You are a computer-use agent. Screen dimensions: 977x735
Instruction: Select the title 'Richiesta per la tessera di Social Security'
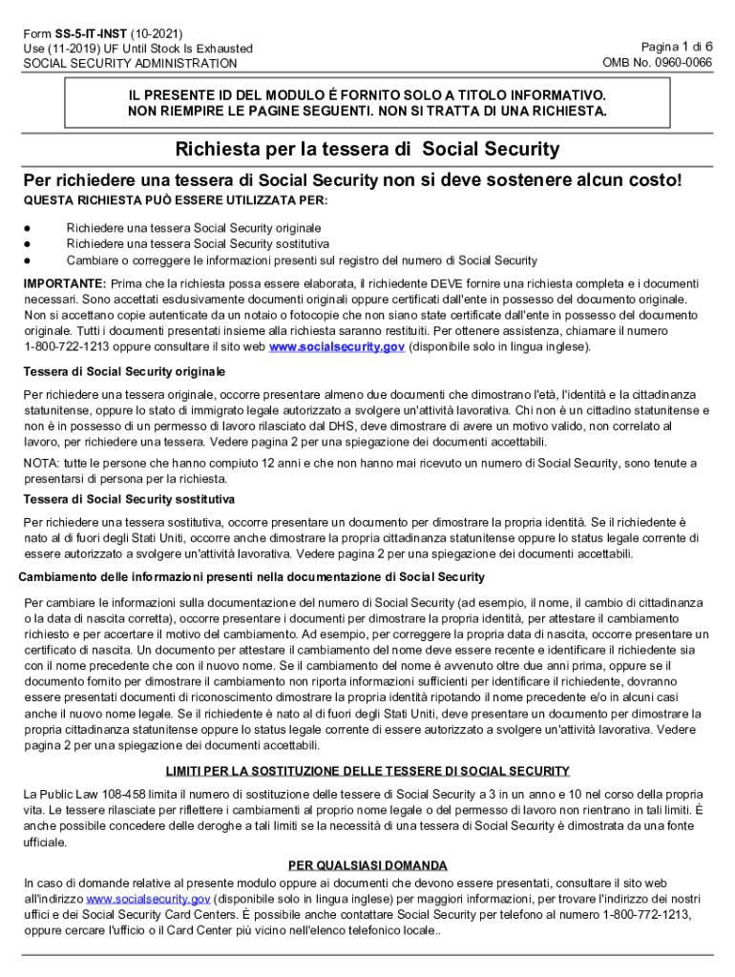pyautogui.click(x=367, y=150)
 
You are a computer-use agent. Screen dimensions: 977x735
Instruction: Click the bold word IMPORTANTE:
pyautogui.click(x=65, y=284)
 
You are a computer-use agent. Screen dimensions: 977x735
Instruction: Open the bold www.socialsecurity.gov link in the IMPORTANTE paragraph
pyautogui.click(x=337, y=346)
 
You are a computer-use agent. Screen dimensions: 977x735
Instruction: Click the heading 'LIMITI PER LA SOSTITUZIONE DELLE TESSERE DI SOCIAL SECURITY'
pyautogui.click(x=367, y=771)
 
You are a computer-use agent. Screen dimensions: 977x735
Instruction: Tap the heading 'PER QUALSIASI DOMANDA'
pyautogui.click(x=367, y=865)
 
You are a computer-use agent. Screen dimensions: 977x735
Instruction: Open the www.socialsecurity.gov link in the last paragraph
pyautogui.click(x=148, y=899)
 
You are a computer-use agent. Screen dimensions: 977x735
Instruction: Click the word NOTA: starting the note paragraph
pyautogui.click(x=41, y=463)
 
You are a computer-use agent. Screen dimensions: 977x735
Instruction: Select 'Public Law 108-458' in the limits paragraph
pyautogui.click(x=87, y=795)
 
